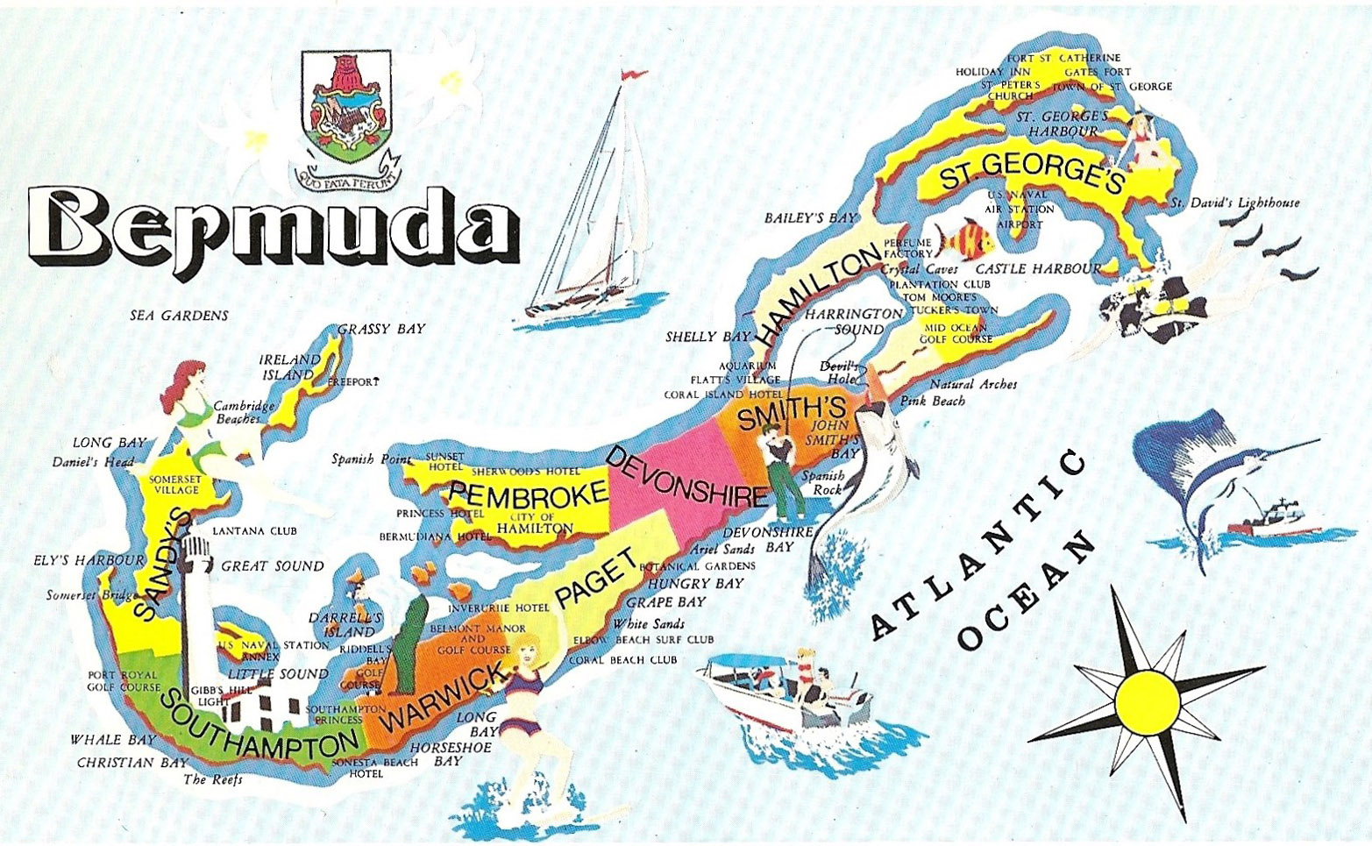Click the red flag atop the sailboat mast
pyautogui.click(x=629, y=75)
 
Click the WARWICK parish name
pyautogui.click(x=448, y=698)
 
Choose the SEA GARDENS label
pyautogui.click(x=179, y=316)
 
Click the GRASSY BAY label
pyautogui.click(x=381, y=329)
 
